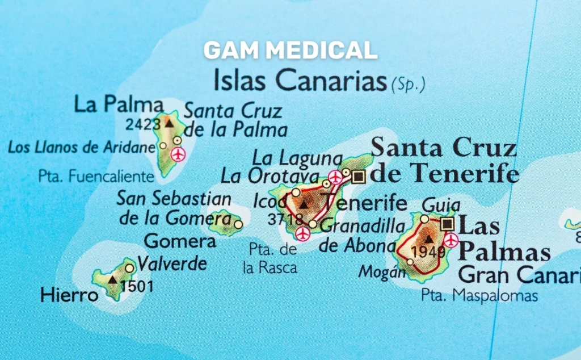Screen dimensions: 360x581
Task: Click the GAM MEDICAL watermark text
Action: click(290, 51)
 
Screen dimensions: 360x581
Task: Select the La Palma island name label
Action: click(119, 104)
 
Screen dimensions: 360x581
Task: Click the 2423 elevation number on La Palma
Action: click(144, 124)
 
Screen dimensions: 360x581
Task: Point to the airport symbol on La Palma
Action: click(178, 154)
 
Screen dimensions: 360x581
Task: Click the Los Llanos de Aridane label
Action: click(81, 148)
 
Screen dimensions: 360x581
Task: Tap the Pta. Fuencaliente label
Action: click(96, 176)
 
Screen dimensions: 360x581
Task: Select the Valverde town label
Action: click(172, 264)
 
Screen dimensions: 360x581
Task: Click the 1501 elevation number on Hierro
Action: click(137, 286)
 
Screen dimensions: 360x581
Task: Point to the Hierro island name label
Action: click(69, 295)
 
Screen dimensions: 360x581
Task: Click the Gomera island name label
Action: click(180, 241)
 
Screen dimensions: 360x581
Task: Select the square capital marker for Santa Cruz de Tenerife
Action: click(358, 177)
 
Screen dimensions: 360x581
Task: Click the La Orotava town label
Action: click(270, 175)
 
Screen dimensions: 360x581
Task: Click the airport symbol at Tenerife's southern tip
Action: click(303, 234)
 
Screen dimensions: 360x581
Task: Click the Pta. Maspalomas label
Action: click(479, 296)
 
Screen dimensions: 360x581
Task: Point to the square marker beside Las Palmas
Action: click(448, 223)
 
